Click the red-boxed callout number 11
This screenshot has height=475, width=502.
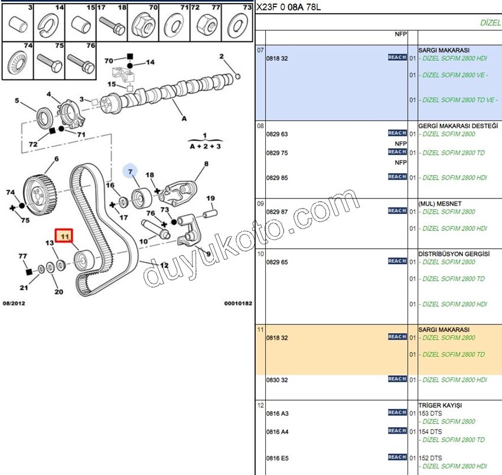64,236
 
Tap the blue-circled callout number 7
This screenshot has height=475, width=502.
130,172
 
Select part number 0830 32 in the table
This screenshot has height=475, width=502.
277,380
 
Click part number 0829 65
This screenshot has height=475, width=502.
277,262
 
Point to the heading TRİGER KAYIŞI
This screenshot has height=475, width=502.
440,405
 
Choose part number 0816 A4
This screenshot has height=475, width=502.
277,432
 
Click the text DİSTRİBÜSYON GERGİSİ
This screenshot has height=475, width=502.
454,254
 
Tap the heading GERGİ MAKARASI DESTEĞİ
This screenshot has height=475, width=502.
458,126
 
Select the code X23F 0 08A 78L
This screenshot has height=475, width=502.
288,7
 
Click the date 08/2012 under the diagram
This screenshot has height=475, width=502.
14,303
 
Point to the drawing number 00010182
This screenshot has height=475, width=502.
238,303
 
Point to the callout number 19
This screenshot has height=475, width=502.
210,199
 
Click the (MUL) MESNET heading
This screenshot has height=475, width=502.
440,204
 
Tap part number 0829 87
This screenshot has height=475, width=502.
277,212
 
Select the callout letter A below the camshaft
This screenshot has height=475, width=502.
184,119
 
